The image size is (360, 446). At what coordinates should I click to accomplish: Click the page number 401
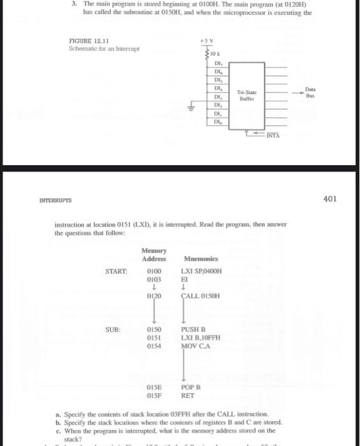point(330,199)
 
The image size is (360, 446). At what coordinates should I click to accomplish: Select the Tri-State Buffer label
point(247,96)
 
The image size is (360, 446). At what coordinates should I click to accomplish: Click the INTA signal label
point(273,136)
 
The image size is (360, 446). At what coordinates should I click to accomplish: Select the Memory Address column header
point(154,255)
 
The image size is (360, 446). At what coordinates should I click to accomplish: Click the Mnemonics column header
point(201,259)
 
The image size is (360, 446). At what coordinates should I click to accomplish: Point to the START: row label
point(116,272)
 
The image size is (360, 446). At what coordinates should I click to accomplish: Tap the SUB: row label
point(113,330)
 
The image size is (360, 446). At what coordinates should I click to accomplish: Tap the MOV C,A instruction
point(195,345)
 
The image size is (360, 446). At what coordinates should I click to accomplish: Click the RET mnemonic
point(187,394)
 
